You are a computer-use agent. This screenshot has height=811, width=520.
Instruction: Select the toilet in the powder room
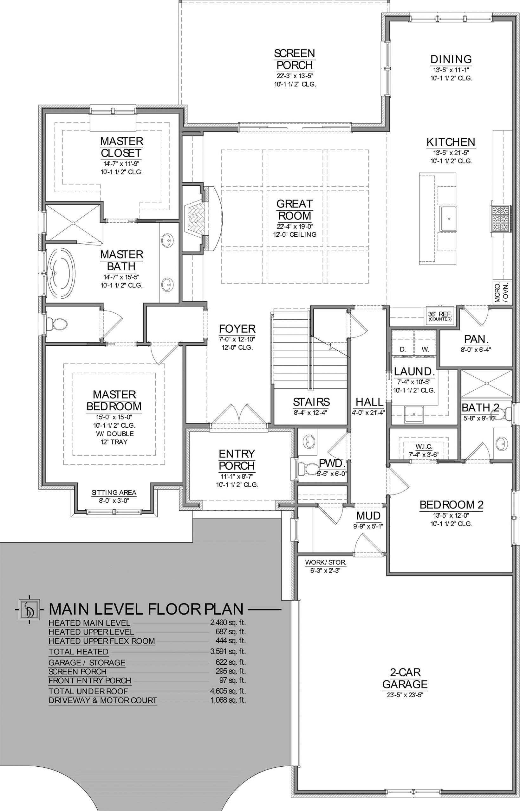[x=308, y=468]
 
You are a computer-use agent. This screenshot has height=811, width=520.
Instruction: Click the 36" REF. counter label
[x=440, y=316]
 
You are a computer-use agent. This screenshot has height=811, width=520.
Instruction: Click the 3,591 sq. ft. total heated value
[x=228, y=651]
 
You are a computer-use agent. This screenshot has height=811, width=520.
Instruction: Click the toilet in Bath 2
[x=505, y=413]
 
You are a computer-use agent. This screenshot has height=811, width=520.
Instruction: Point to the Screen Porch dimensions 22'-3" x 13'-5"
[x=295, y=76]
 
